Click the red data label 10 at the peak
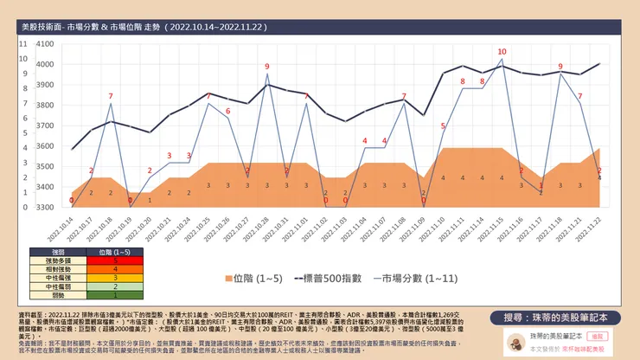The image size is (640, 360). (502, 52)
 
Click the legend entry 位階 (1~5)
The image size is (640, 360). (251, 280)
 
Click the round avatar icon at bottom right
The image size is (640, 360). (515, 342)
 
